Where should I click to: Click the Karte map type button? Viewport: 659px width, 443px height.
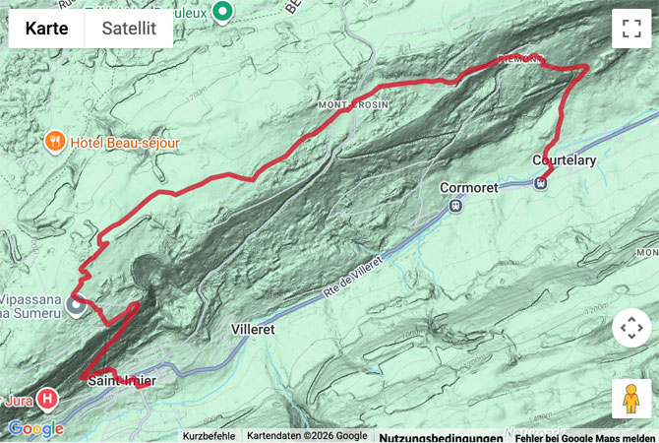click(46, 29)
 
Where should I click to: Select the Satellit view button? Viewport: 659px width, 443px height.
click(129, 29)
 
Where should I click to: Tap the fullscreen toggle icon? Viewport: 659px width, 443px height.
click(630, 29)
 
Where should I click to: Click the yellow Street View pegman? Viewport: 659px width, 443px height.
click(630, 399)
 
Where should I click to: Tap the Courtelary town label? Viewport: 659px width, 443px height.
click(564, 160)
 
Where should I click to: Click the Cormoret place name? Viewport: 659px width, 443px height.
click(470, 186)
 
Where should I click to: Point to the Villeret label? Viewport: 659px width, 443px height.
click(258, 329)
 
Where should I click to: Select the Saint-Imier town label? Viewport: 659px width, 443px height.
click(121, 380)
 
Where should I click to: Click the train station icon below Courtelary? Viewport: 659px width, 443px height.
click(541, 181)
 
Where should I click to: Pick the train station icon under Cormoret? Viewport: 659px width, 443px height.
click(455, 205)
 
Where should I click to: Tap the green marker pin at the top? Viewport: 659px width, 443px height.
click(223, 12)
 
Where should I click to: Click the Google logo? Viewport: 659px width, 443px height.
click(35, 428)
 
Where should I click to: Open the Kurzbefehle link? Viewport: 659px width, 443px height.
click(208, 435)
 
